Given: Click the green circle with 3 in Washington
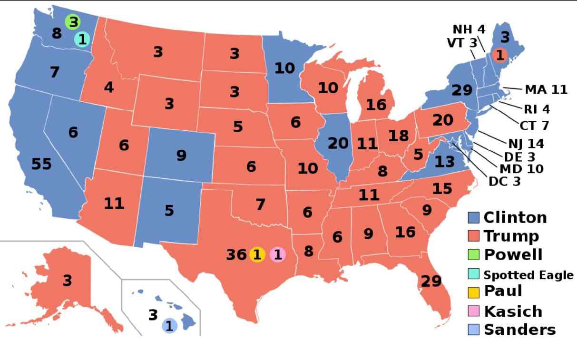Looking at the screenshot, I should click(72, 21).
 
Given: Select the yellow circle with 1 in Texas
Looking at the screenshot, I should click(257, 255).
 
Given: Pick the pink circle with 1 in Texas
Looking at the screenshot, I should click(277, 255).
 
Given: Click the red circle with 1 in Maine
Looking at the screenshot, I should click(499, 55).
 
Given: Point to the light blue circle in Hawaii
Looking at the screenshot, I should click(169, 326).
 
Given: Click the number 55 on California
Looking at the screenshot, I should click(41, 164).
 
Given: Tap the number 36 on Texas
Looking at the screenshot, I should click(236, 255).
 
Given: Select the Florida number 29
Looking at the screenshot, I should click(431, 281).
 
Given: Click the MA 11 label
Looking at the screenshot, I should click(546, 89).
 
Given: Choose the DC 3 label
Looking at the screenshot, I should click(504, 181).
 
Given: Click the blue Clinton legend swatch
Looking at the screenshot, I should click(473, 218).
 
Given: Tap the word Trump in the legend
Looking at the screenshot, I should click(511, 236).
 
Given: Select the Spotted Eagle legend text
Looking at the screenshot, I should click(528, 275).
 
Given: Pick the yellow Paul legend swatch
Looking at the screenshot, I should click(473, 291).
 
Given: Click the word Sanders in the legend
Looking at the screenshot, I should click(519, 330).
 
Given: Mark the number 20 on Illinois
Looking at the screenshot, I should click(338, 143).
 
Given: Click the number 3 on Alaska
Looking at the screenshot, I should click(67, 281).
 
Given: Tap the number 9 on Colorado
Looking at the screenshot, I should click(181, 155).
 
